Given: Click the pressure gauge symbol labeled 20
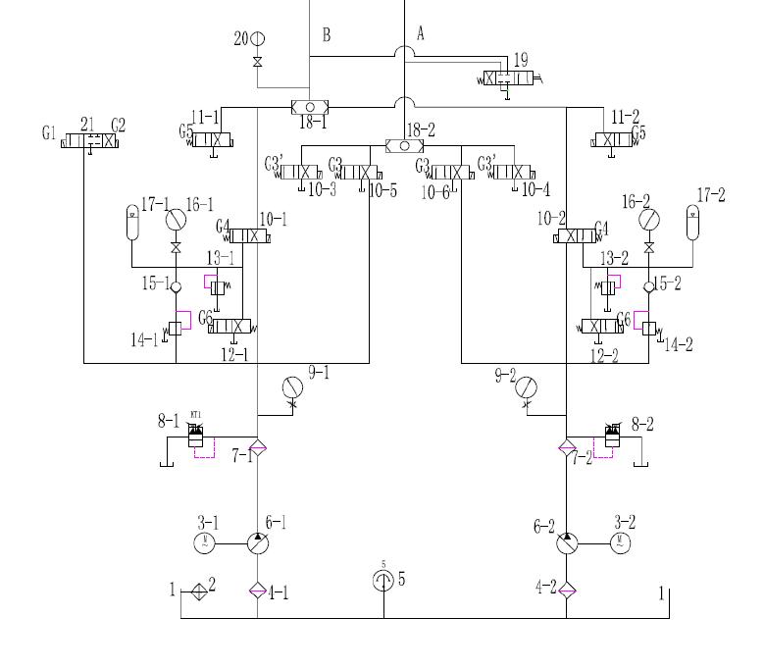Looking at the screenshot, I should tap(257, 38).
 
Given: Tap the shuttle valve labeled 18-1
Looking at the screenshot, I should tap(310, 107).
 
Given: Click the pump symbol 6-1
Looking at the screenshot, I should tap(257, 540).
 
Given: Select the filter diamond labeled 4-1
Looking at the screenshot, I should tap(257, 591).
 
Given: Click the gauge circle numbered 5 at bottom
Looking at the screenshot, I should tap(383, 581).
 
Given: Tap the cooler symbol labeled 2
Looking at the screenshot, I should tap(199, 591).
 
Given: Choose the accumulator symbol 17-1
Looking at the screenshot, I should tap(132, 222).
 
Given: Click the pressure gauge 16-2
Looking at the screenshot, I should tap(648, 220).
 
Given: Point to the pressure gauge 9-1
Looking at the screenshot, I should tap(291, 386).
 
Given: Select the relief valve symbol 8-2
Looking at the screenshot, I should tap(613, 436).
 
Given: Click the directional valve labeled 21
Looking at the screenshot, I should tap(89, 141).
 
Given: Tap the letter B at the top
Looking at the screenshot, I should tap(327, 36).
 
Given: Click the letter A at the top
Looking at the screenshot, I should tap(421, 33).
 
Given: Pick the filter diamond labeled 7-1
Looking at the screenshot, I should tap(257, 448).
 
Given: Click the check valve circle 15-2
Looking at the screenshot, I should tap(648, 286).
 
